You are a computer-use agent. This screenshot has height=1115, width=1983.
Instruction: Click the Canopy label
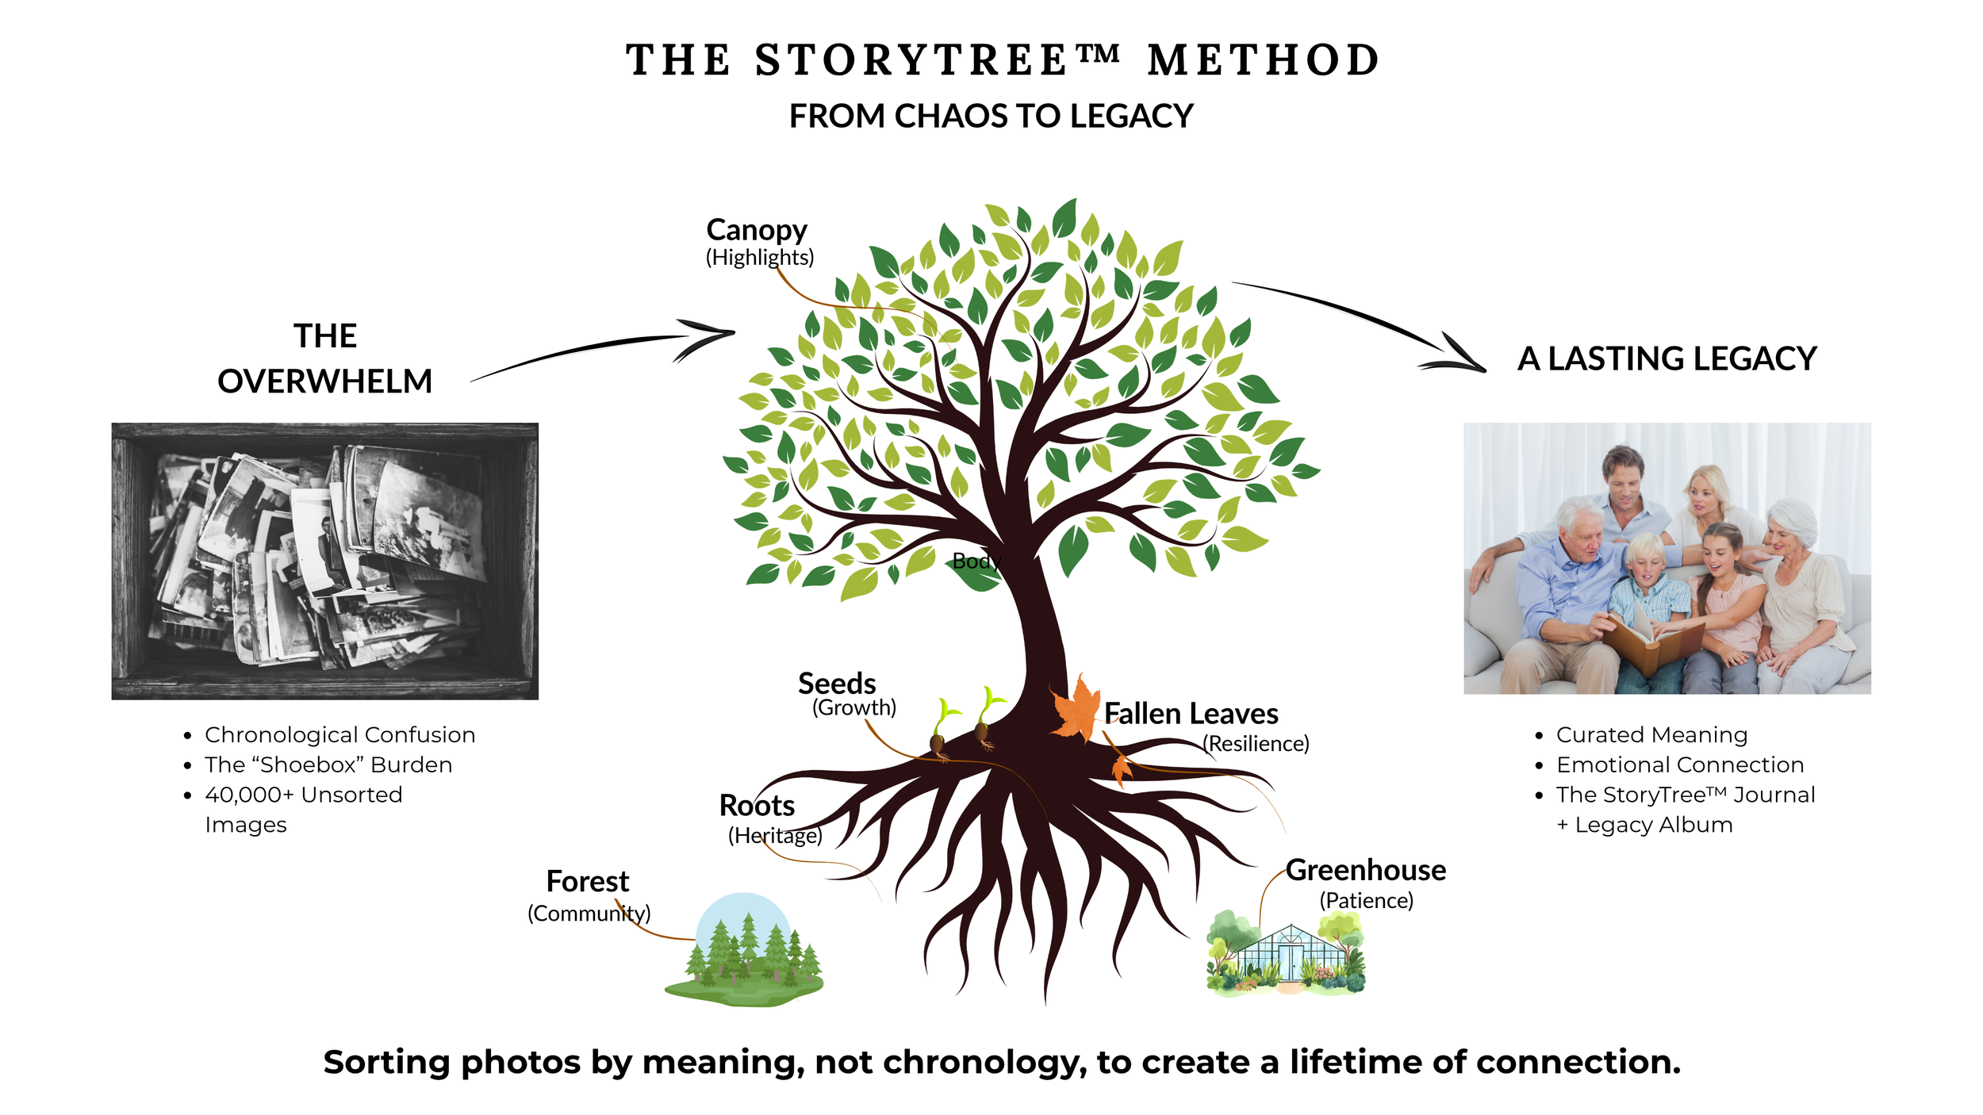tap(757, 230)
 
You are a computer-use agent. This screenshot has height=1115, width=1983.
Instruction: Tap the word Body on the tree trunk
tap(976, 561)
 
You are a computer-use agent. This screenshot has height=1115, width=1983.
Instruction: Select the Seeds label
tap(837, 684)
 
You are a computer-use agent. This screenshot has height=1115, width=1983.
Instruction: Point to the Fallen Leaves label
tap(1191, 714)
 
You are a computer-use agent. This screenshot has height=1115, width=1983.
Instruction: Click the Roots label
tap(757, 806)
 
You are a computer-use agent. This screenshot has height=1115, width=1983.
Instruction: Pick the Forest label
tap(587, 882)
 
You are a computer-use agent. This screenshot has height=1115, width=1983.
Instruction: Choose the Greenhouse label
tap(1365, 870)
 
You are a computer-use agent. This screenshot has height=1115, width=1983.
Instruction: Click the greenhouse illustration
tap(1287, 954)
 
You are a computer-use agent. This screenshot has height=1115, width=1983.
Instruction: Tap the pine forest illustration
tap(744, 952)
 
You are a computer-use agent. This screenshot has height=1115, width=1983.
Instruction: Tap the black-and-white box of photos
tap(324, 561)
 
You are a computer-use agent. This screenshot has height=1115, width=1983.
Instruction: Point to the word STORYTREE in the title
tap(912, 60)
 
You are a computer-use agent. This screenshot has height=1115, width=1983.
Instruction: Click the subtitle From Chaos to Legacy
tap(991, 117)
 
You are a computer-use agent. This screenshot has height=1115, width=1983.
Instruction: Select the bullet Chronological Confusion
tap(339, 735)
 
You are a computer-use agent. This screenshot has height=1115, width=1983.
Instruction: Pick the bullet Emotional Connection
tap(1679, 765)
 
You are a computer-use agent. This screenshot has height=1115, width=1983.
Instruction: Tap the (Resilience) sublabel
tap(1256, 744)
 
